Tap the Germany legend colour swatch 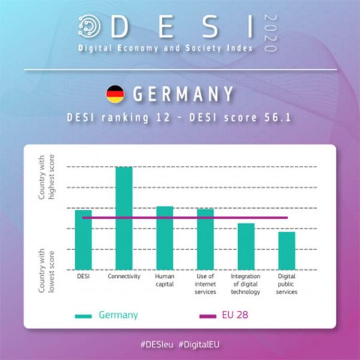[84, 315]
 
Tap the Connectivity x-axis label [124, 276]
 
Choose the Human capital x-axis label [165, 280]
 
